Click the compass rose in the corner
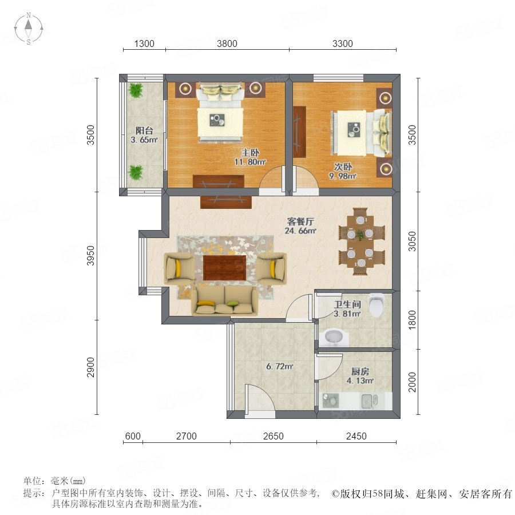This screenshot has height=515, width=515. click(29, 28)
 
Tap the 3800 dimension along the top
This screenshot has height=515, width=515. click(227, 43)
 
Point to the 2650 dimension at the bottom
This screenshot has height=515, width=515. click(274, 436)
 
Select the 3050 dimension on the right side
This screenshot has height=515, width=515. click(412, 241)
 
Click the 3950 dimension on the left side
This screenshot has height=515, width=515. click(90, 256)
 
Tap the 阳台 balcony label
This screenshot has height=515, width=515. click(144, 130)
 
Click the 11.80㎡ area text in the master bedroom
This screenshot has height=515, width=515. click(250, 162)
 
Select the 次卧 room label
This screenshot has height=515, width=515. click(343, 167)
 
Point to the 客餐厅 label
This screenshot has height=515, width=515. click(300, 221)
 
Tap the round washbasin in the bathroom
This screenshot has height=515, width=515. click(334, 336)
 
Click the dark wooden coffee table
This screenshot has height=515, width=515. click(225, 268)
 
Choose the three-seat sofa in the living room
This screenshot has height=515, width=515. click(225, 301)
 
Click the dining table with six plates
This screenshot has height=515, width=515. click(360, 241)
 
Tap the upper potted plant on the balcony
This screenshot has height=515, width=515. click(136, 90)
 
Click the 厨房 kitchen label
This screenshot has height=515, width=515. click(360, 371)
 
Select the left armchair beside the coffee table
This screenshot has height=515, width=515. click(179, 268)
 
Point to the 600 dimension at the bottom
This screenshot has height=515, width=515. click(133, 436)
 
